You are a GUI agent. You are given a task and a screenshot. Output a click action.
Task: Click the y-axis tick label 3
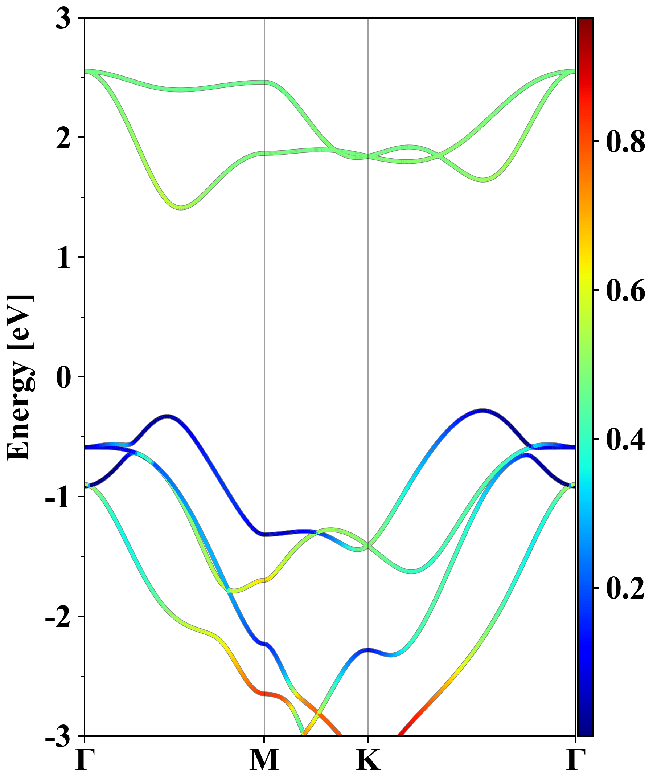(x=63, y=19)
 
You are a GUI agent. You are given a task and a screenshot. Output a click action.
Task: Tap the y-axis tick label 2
(x=63, y=139)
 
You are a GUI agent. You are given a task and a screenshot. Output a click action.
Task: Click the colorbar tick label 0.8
(x=625, y=142)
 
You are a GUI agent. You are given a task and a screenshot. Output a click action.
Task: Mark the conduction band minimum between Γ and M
(x=181, y=207)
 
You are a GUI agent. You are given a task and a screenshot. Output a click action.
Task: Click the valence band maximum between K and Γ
(x=483, y=411)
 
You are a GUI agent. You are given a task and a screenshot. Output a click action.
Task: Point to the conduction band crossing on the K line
(x=368, y=156)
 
